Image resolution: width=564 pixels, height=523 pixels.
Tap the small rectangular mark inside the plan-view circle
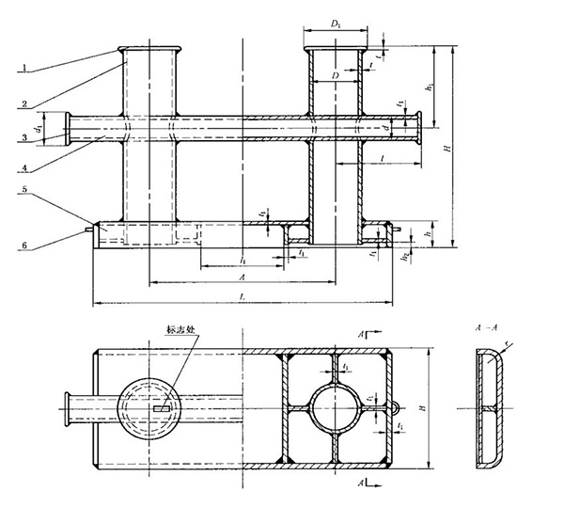[x=161, y=409]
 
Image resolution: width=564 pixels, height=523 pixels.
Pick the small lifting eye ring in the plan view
[x=399, y=408]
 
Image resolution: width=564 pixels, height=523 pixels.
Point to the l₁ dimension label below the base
[x=243, y=259]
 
